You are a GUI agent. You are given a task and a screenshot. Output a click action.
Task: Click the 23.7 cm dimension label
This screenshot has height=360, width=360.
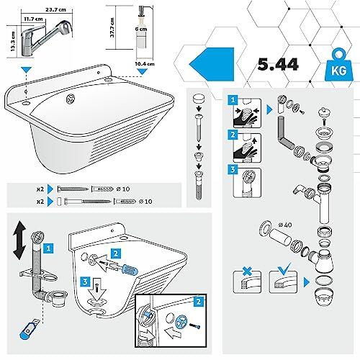pos(55,10)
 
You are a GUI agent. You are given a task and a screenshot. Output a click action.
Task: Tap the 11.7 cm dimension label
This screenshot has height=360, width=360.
pos(33,19)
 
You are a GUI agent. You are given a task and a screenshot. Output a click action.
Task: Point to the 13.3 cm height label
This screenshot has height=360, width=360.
pos(13,41)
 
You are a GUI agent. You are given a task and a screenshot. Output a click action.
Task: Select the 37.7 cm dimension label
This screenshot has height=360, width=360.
pos(112,27)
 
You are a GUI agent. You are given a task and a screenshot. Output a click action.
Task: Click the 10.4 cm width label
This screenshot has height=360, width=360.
pos(144,64)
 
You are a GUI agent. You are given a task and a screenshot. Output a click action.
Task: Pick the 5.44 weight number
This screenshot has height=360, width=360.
pos(278,64)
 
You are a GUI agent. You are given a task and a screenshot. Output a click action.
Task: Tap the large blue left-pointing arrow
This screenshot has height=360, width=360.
pos(212,64)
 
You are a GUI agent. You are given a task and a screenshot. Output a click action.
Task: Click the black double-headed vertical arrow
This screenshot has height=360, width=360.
pos(19,240)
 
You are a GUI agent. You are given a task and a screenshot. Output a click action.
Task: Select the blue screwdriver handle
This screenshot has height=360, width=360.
pos(130,269)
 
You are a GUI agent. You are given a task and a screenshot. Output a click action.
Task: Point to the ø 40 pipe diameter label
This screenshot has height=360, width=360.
pos(285,225)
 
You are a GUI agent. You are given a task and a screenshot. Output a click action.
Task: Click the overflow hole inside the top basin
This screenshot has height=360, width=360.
pos(71,99)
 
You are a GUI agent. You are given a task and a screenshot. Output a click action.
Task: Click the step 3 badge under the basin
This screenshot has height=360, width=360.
pos(85,282)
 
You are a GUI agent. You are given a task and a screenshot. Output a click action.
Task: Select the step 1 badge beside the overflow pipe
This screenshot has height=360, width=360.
pos(48,248)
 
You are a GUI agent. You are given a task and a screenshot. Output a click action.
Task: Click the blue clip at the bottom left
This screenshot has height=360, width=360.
pos(27,330)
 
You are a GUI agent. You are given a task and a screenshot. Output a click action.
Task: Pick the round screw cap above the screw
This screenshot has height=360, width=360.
pos(199,99)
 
